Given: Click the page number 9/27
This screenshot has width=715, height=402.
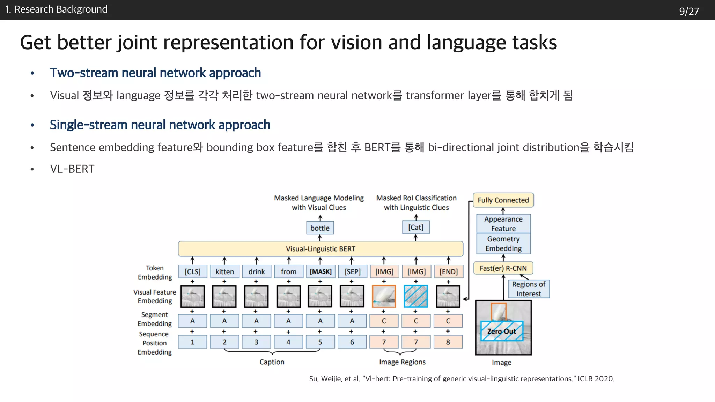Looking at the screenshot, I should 689,11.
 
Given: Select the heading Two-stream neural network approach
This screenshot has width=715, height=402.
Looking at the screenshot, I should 155,73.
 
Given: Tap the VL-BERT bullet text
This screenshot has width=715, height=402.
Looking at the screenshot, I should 72,169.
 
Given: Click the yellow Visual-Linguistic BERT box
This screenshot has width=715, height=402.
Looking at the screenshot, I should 320,249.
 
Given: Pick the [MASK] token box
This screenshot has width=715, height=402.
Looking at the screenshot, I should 320,271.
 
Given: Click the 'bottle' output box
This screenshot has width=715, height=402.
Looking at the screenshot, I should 320,228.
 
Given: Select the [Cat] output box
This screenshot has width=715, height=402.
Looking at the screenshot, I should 416,227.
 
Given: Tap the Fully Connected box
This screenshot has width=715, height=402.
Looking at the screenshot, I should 503,200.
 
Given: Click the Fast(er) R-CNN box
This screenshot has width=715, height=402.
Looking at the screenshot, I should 503,268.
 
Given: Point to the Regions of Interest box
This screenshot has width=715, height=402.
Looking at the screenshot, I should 529,289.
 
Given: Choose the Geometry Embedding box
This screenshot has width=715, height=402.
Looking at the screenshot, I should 503,244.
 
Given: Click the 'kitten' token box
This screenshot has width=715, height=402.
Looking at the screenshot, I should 224,271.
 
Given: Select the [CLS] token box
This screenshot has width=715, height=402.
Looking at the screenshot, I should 192,271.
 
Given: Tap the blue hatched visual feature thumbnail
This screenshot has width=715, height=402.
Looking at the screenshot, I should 416,296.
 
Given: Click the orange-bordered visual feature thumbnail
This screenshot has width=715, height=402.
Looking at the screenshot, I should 384,296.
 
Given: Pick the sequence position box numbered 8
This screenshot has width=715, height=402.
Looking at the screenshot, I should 448,342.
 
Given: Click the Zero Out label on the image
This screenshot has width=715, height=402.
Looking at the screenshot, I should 501,331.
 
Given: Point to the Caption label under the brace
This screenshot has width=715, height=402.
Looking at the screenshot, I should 272,362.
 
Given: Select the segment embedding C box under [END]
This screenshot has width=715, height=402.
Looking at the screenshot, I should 448,321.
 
